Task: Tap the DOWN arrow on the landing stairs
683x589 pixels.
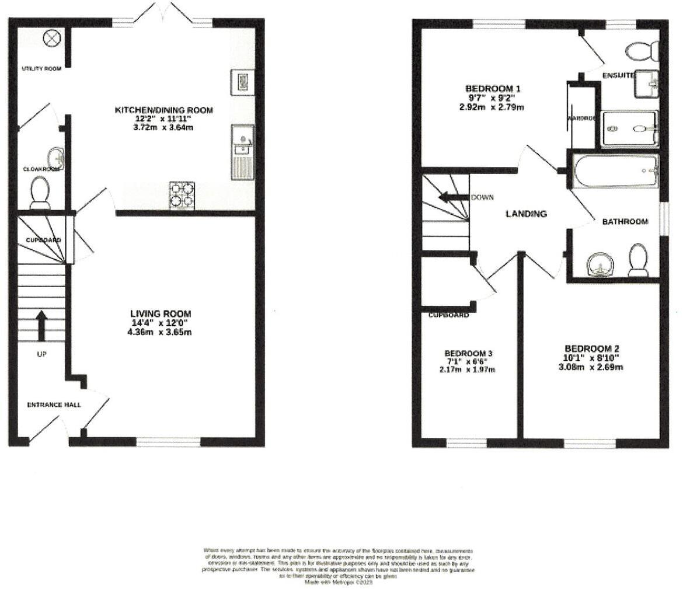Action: tap(452, 197)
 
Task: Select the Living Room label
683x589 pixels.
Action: tap(161, 314)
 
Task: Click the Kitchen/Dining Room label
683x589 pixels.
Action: tap(163, 110)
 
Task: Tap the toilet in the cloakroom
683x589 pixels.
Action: tap(40, 192)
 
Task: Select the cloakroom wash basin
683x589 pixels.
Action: tap(57, 158)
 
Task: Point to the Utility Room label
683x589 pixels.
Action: tap(41, 69)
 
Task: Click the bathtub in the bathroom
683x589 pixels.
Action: tap(615, 171)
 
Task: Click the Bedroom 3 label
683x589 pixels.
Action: tap(469, 353)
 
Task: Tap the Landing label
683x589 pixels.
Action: tap(525, 214)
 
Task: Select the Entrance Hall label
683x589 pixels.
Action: tap(54, 405)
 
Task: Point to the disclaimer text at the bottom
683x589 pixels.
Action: tap(339, 566)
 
